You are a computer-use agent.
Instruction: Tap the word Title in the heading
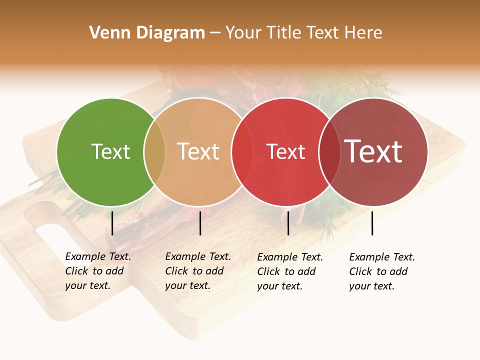coord(283,33)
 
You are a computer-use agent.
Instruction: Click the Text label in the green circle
coord(110,151)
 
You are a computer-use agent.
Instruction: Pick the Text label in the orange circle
coord(198,151)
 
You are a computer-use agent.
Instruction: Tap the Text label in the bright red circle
coord(286,151)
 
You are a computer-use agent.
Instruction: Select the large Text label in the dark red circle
coord(373,151)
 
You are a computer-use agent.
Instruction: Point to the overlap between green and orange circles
coord(154,152)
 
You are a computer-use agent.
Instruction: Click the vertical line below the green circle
coord(112,223)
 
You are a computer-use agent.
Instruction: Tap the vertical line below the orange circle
coord(200,223)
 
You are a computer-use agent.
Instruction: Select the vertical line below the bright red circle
coord(288,223)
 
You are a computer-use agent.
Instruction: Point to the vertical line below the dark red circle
coord(372,223)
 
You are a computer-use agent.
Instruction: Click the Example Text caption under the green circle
coord(98,271)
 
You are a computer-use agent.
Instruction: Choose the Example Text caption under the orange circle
coord(198,271)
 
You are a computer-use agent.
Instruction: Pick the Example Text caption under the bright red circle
coord(290,271)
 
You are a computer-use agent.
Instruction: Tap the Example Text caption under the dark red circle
coord(382,271)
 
